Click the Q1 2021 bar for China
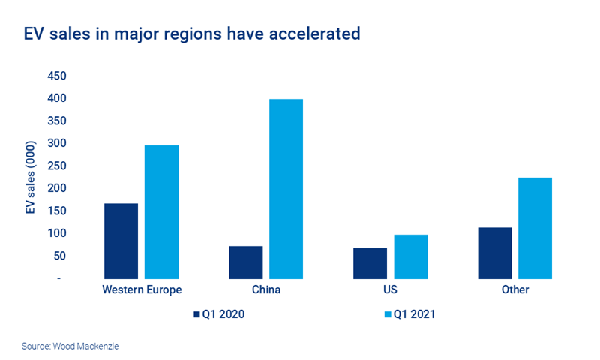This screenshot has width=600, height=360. tap(286, 188)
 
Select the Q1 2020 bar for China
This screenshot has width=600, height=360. tap(245, 262)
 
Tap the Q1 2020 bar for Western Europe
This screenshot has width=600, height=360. tap(121, 240)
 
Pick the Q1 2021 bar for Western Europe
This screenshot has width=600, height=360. tap(161, 211)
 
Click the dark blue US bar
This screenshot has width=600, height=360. tap(370, 262)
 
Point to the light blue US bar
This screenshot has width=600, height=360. tap(410, 256)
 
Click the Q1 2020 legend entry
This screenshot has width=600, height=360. tap(220, 314)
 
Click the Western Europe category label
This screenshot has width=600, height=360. tap(141, 289)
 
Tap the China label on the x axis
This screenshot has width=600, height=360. tap(265, 289)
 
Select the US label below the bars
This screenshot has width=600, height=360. tap(390, 289)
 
